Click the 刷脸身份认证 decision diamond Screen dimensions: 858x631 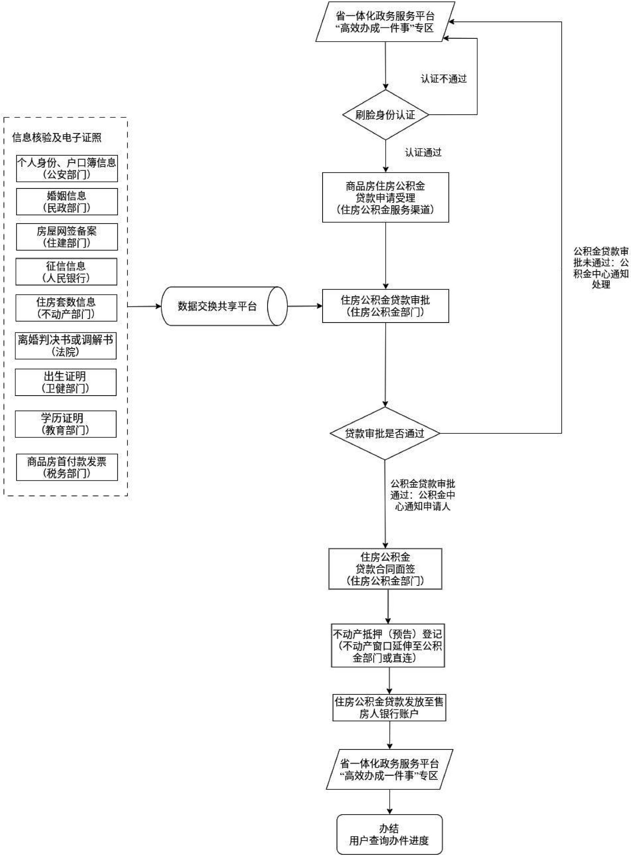click(x=385, y=114)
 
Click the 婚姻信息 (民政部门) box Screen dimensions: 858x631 click(x=67, y=202)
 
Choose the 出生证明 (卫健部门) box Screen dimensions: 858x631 click(x=66, y=382)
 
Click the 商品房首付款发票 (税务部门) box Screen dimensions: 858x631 click(x=67, y=467)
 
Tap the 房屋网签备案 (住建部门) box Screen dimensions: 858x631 click(x=67, y=237)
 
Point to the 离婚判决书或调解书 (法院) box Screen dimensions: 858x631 click(x=66, y=345)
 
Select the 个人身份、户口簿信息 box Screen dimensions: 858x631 click(x=67, y=168)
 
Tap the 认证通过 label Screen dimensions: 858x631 click(x=423, y=153)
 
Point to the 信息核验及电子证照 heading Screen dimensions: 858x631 click(x=57, y=138)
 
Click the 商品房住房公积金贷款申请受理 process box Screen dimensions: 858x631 click(x=385, y=197)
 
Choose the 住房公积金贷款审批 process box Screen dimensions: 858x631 click(x=385, y=306)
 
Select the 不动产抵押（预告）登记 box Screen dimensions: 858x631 click(x=388, y=646)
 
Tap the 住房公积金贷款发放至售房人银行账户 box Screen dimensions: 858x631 click(x=389, y=708)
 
